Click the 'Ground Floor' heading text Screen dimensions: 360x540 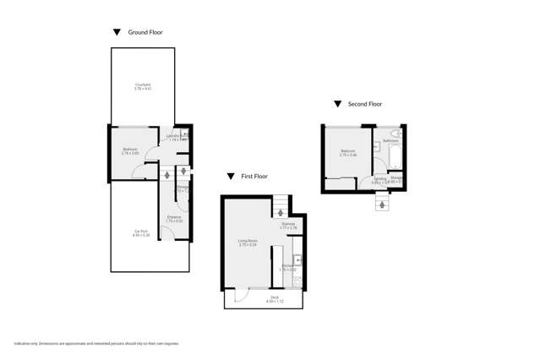pyautogui.click(x=145, y=32)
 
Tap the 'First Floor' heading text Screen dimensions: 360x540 pyautogui.click(x=254, y=177)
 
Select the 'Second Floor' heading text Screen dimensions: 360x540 pyautogui.click(x=364, y=104)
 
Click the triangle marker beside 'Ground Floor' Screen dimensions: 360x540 pyautogui.click(x=117, y=32)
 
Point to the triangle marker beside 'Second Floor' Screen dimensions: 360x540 pyautogui.click(x=337, y=104)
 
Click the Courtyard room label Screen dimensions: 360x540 pyautogui.click(x=143, y=85)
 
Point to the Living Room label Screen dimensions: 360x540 pyautogui.click(x=247, y=243)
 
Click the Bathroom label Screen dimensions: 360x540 pyautogui.click(x=390, y=140)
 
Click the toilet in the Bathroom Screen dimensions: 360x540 pyautogui.click(x=402, y=134)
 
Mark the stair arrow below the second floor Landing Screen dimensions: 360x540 pyautogui.click(x=381, y=204)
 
